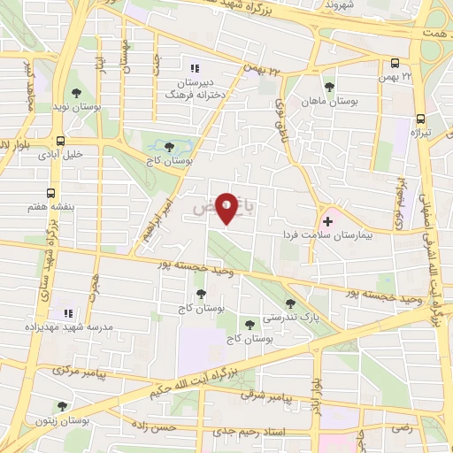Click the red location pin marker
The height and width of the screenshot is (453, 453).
point(227,208)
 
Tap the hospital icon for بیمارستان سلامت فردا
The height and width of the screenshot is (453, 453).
point(328,220)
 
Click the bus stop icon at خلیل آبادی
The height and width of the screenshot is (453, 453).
point(60,140)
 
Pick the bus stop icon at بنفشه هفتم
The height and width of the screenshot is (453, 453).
point(50,192)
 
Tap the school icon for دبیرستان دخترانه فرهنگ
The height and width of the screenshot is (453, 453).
point(196,67)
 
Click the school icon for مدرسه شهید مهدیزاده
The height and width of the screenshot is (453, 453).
point(68,313)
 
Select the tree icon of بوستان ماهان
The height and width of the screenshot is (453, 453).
point(329,87)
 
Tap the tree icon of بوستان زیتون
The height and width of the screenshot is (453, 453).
point(61,406)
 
